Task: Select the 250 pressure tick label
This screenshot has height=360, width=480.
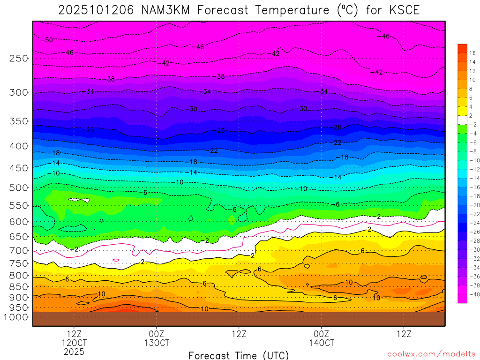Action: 19,59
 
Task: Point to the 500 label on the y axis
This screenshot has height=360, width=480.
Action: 19,188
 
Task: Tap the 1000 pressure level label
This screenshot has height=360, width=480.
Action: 16,317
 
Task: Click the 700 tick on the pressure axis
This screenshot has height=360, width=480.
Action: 19,251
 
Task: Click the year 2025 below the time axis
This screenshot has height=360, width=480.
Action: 74,351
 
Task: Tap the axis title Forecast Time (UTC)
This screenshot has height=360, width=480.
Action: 239,355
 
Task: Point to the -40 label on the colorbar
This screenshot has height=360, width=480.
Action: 473,294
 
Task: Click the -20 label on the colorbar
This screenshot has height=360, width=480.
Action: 473,205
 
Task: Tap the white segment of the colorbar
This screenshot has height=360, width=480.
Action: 463,120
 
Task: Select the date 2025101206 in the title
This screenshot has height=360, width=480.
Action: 97,10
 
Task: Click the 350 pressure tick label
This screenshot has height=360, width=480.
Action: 19,121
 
